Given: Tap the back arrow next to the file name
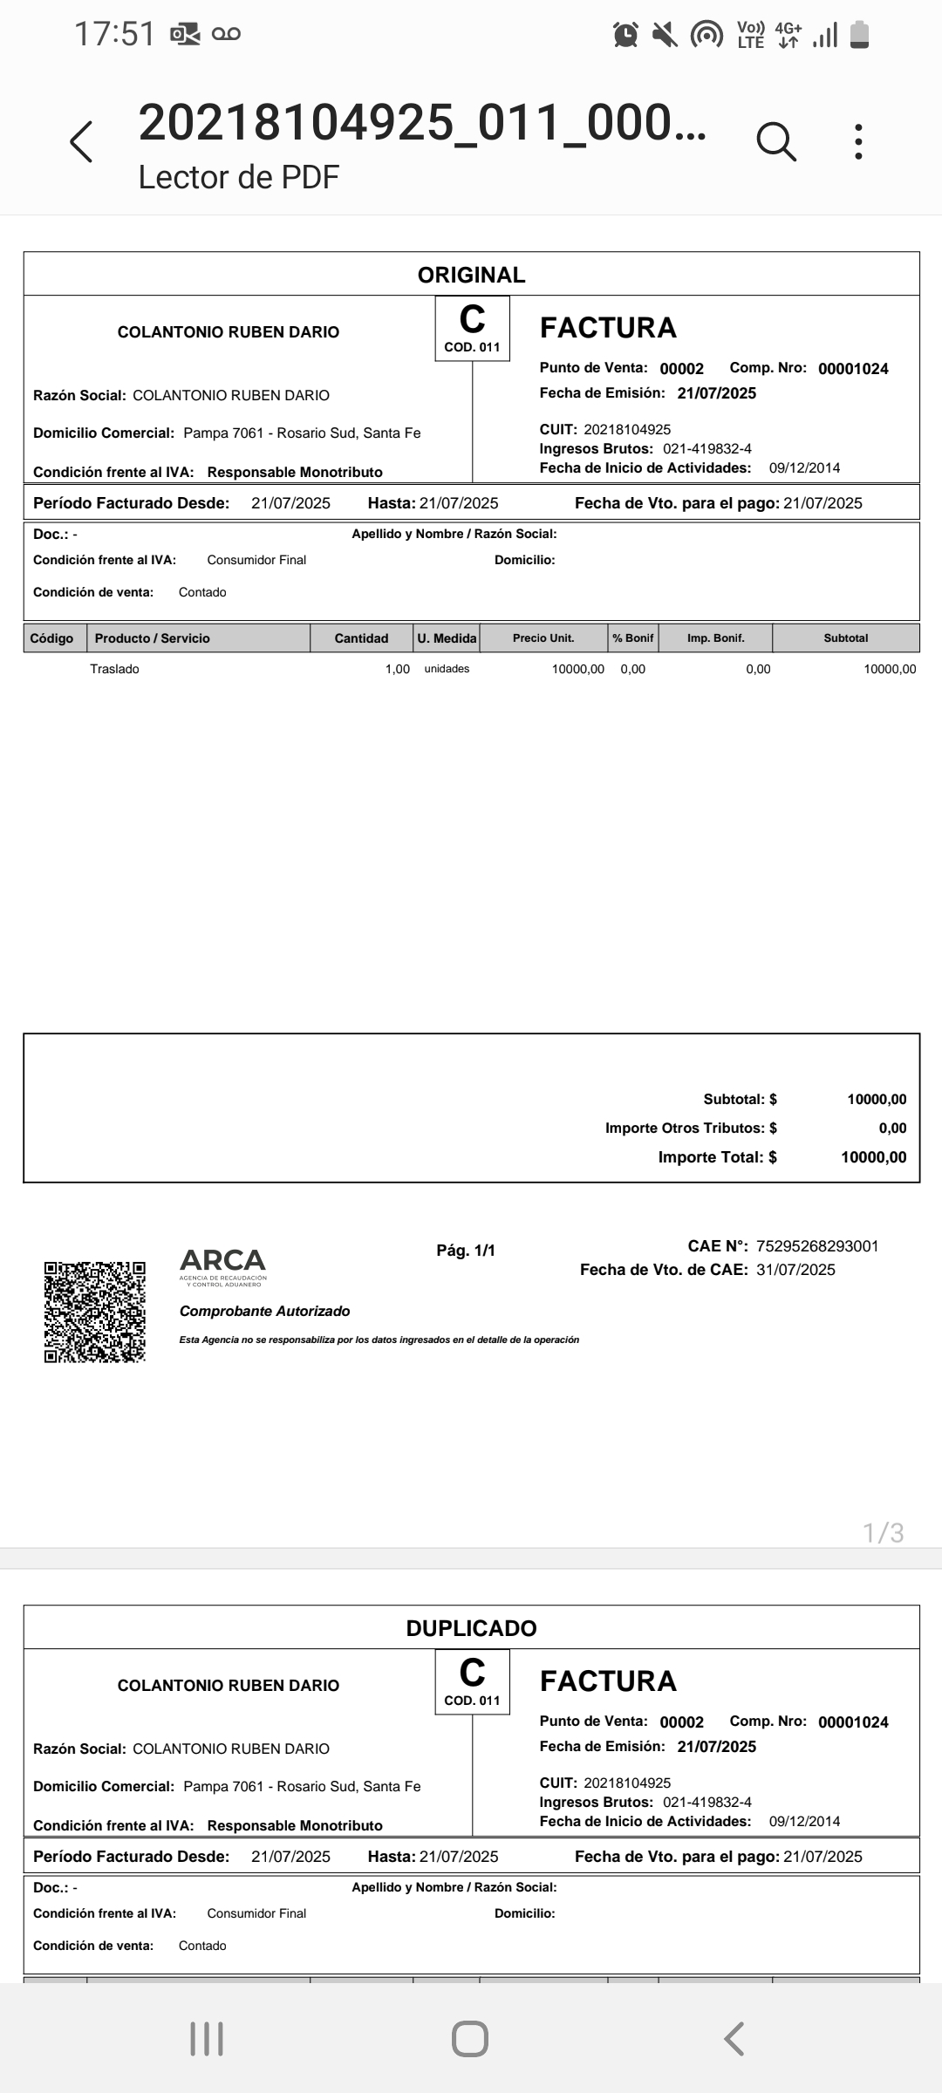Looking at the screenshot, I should pos(81,141).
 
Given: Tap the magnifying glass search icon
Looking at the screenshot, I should pos(775,141).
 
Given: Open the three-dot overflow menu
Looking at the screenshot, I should pos(859,141).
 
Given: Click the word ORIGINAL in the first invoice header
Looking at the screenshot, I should pos(471,276).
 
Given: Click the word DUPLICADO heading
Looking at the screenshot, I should pos(471,1628).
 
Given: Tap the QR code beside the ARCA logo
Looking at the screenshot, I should pos(95,1312).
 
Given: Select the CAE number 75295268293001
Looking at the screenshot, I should pos(817,1246).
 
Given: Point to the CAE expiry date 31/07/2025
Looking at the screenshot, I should pos(795,1270).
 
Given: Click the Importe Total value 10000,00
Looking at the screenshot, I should pos(873,1157).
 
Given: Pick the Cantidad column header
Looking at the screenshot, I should pos(361,638).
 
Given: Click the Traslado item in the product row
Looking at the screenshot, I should pos(114,669).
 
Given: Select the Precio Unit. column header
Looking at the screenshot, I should pos(543,638).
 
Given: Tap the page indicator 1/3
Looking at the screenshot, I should pos(883,1532).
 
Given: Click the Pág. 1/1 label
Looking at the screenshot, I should pos(466,1251).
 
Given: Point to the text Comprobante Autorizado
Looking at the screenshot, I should pos(264,1311).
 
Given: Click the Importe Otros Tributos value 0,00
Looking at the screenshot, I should pos(892,1128).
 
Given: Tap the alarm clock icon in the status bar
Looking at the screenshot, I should pos(625,35).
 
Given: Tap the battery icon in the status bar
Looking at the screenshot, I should pos(859,35).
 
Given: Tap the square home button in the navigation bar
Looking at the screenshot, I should pos(470,2039).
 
